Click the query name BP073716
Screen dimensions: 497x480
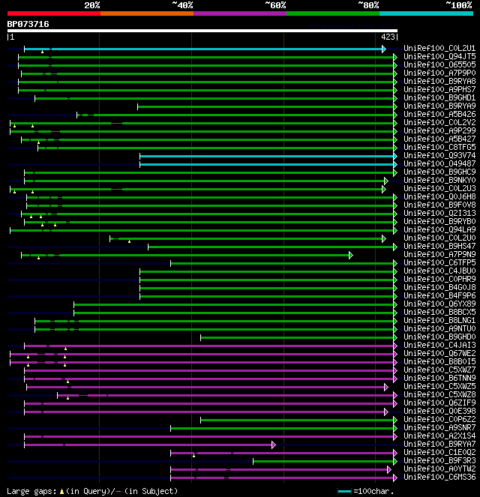pos(28,24)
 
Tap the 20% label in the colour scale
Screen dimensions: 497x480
pos(92,5)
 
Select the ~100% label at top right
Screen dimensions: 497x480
pos(458,5)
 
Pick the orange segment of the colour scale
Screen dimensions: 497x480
pos(146,13)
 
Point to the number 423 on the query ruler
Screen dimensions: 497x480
pos(388,36)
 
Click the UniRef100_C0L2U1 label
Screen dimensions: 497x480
pos(439,49)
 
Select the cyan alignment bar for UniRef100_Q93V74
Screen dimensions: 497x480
pos(267,156)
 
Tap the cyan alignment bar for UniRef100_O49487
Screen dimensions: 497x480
pos(267,164)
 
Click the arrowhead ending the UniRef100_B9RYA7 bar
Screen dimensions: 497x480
pos(274,445)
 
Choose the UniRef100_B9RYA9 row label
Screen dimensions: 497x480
pos(439,106)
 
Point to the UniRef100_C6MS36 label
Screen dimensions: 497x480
pos(439,478)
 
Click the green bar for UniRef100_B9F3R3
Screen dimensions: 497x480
pos(322,461)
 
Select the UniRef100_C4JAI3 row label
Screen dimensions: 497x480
pos(439,346)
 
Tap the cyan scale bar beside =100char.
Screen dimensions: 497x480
pos(345,491)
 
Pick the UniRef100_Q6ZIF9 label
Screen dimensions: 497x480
pos(439,403)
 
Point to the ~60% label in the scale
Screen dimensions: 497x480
pos(275,5)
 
